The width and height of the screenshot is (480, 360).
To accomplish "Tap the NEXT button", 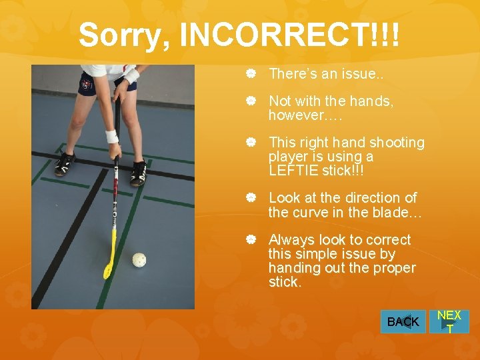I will click(449, 321).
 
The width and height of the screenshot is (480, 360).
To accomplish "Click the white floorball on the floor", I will click(139, 259).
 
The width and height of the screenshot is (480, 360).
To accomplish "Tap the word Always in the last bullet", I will click(291, 240).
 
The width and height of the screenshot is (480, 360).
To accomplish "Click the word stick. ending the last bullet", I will click(285, 282).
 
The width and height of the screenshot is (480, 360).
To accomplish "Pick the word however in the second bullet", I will click(295, 115).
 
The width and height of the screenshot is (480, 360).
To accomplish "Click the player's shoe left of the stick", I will click(65, 163).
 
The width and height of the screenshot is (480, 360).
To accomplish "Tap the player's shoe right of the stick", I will click(139, 173).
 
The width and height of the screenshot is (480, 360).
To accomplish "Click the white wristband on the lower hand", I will click(112, 136).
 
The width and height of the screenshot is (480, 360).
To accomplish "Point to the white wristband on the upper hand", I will click(131, 75).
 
